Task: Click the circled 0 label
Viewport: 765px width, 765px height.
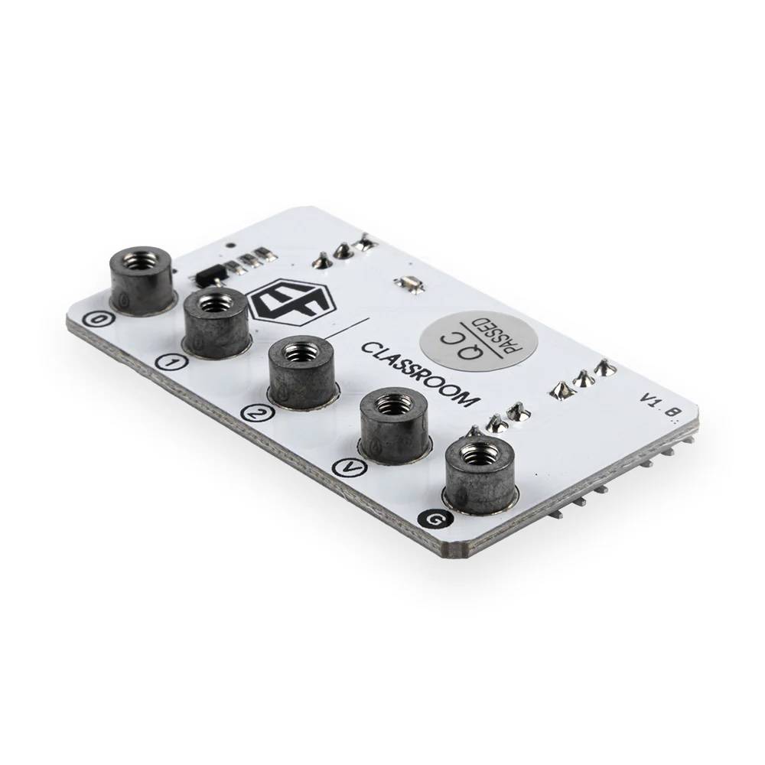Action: coord(93,321)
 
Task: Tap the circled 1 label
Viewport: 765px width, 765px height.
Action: coord(170,363)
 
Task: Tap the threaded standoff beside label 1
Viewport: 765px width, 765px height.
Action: coord(216,322)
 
